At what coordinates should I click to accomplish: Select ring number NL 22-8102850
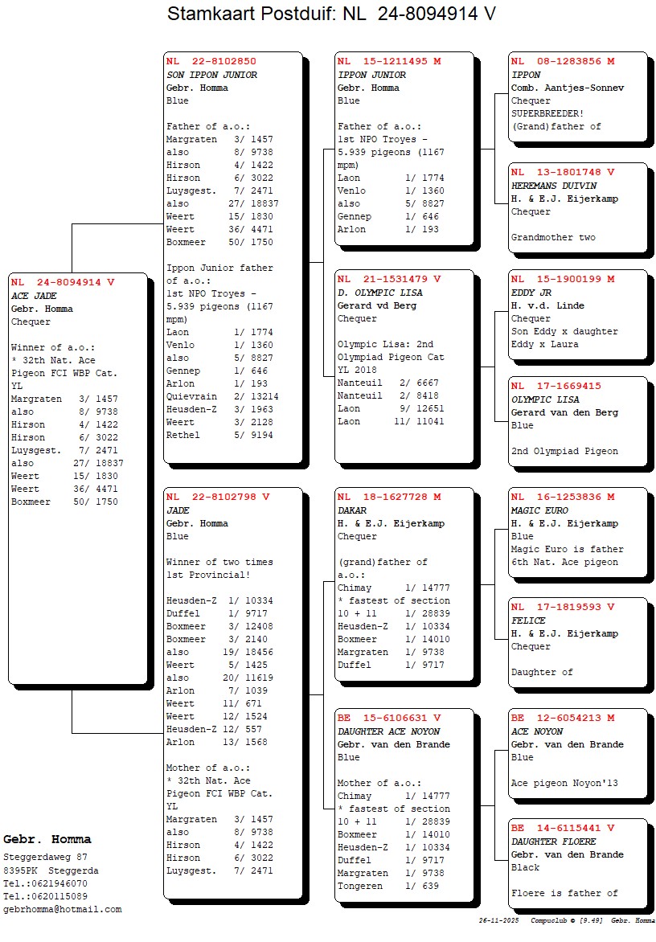211,61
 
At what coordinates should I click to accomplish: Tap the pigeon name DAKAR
352,510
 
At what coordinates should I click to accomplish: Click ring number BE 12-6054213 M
563,718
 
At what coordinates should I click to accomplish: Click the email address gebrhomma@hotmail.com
63,909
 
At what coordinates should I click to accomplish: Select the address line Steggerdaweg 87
46,858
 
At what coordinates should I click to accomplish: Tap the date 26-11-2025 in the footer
499,919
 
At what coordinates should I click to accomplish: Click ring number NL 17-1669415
556,386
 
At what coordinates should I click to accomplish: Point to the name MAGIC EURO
539,510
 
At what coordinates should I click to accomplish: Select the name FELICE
528,620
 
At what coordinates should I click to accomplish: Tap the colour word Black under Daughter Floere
526,867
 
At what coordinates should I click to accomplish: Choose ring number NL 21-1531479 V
389,279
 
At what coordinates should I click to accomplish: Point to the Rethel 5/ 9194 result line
219,435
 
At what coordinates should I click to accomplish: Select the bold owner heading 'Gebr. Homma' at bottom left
47,840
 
